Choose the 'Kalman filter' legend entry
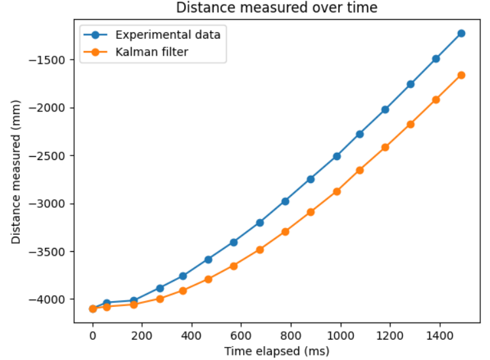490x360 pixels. click(151, 52)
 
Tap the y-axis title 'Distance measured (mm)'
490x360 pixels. click(16, 172)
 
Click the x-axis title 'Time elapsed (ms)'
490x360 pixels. click(276, 351)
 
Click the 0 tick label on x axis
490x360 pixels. click(92, 334)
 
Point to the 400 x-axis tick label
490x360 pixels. click(191, 334)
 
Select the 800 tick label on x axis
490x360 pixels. click(290, 334)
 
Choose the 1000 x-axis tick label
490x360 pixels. click(339, 334)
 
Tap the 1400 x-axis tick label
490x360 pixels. click(438, 334)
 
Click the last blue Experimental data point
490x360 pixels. click(461, 33)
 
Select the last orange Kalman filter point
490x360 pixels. click(461, 75)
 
